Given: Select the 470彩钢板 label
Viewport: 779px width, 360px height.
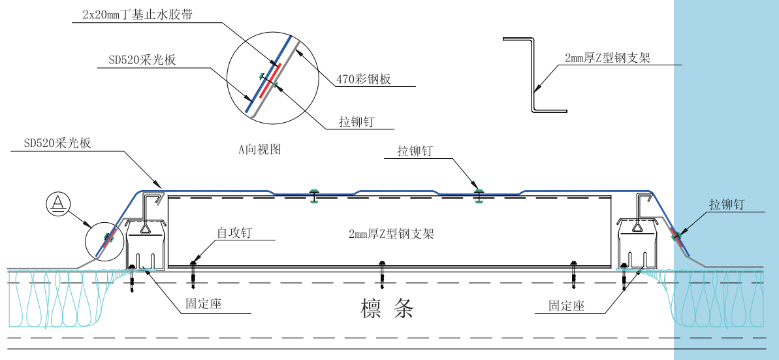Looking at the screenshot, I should pos(364,80).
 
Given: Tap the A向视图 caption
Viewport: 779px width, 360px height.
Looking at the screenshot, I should pos(259,149).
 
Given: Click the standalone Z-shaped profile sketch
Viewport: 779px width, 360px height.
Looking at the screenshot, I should pos(534,75).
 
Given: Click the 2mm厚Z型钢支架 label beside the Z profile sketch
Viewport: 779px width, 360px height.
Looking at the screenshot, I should pos(607,58).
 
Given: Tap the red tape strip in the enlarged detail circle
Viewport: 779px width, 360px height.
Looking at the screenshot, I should pos(270,80).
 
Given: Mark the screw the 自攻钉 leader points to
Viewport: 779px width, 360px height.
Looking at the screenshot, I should pos(193,274).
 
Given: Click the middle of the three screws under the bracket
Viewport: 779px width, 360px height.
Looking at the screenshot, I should pos(383,274).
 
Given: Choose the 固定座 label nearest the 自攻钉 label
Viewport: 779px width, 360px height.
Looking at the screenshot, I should pos(204,304).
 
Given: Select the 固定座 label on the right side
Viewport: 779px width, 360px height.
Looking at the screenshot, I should pos(566,305).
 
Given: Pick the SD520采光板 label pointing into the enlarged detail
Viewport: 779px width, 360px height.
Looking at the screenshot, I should pos(142,60).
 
